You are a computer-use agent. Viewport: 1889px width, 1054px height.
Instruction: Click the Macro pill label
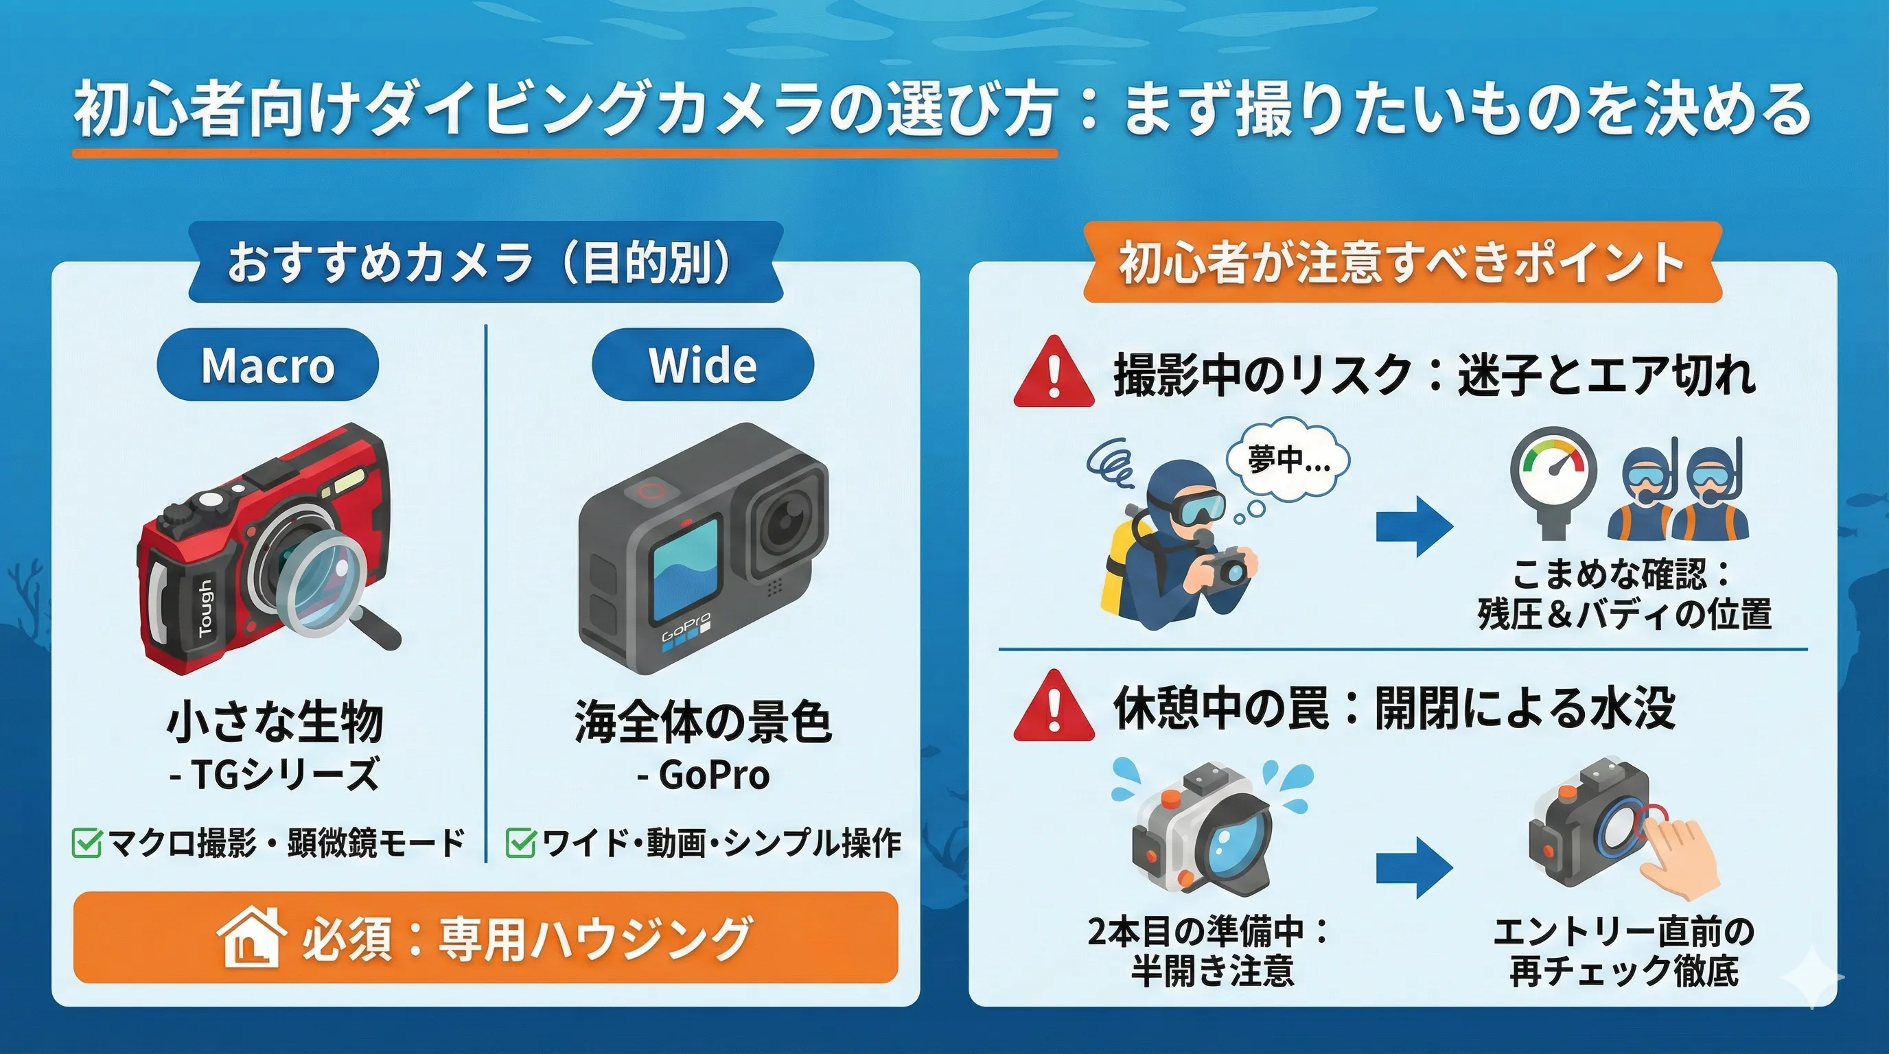pyautogui.click(x=268, y=364)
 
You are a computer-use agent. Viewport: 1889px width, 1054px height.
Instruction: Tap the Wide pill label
pyautogui.click(x=702, y=364)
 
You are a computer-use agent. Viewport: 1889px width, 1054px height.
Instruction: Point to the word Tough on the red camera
pyautogui.click(x=205, y=607)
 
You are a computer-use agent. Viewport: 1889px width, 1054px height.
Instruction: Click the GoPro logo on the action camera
pyautogui.click(x=686, y=627)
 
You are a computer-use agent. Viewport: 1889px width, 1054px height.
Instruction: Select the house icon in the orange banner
pyautogui.click(x=250, y=937)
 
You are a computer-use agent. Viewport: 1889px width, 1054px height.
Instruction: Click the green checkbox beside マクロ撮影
pyautogui.click(x=86, y=843)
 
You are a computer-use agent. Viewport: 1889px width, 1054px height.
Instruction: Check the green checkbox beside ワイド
pyautogui.click(x=521, y=843)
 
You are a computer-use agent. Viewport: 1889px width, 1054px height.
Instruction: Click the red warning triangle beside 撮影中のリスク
pyautogui.click(x=1054, y=373)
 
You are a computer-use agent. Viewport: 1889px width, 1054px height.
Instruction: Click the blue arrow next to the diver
pyautogui.click(x=1415, y=526)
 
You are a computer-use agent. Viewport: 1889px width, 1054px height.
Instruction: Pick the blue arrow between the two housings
pyautogui.click(x=1415, y=868)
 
